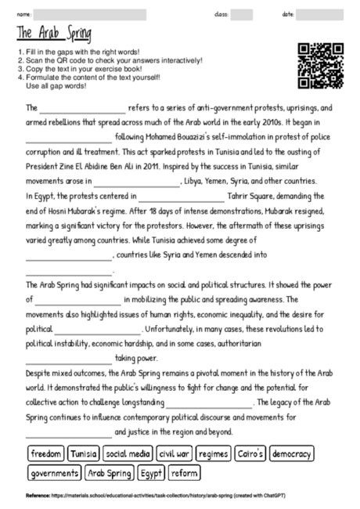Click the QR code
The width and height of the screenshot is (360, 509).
[x=321, y=66]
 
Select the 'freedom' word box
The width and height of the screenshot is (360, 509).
[x=45, y=453]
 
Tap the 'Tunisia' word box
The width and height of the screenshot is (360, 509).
[x=83, y=453]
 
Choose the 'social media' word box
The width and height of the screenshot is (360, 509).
[x=128, y=453]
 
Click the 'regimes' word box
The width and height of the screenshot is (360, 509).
[x=214, y=453]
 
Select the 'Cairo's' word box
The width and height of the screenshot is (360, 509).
[x=251, y=453]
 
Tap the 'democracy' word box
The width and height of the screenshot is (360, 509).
[x=292, y=453]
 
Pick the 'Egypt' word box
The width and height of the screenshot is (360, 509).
[x=151, y=473]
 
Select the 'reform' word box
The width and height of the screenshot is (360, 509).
[x=184, y=473]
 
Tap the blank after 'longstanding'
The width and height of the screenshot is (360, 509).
[x=209, y=404]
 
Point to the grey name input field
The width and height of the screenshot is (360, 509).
[x=90, y=14]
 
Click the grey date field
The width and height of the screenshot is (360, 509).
[x=319, y=14]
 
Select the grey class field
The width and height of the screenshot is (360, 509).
[x=241, y=14]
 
